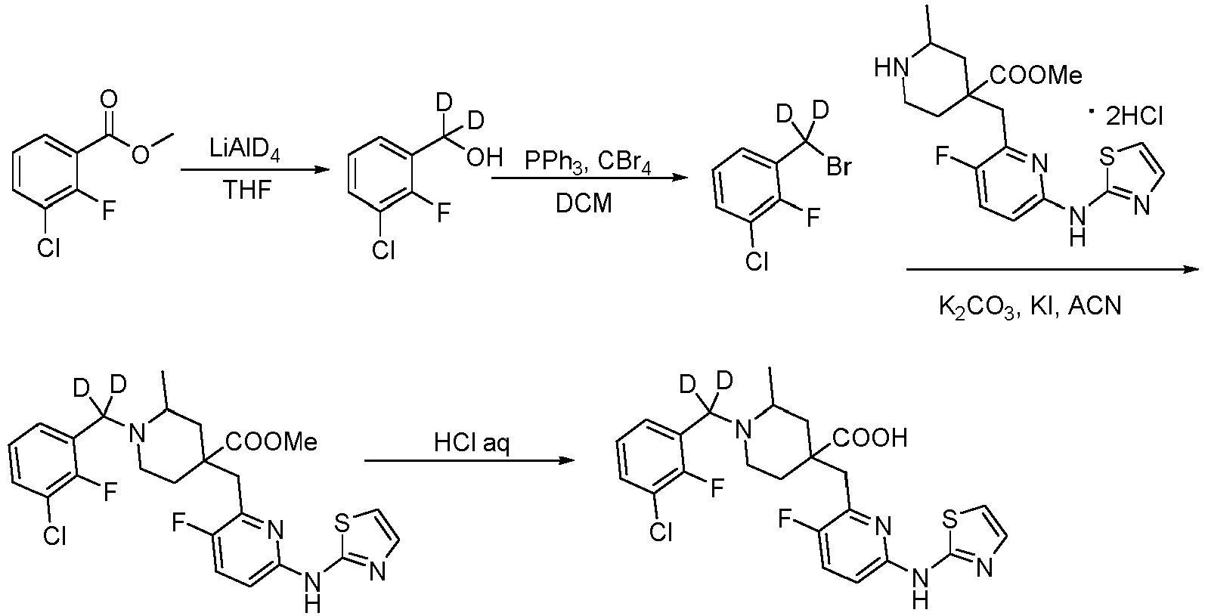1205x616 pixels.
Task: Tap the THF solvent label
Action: coord(247,190)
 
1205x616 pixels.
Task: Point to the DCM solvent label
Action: coord(584,204)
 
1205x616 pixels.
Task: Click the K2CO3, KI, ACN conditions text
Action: coord(1030,308)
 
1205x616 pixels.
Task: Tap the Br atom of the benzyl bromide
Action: coord(838,167)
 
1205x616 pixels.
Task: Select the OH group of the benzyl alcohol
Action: coord(484,158)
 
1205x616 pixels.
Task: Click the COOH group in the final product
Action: coord(870,438)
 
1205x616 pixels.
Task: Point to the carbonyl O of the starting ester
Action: coord(109,100)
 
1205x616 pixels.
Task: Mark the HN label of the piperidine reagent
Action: coord(891,69)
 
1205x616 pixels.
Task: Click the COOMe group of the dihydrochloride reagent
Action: coord(1036,76)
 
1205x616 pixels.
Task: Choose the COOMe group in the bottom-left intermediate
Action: coord(272,442)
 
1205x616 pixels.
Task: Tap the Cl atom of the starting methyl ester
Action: coord(48,248)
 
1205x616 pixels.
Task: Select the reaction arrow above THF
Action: coord(255,171)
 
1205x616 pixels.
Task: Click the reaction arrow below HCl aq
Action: coord(469,460)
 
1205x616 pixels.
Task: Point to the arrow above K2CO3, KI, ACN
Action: coord(1052,270)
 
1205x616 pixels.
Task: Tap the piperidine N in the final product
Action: coord(743,429)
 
